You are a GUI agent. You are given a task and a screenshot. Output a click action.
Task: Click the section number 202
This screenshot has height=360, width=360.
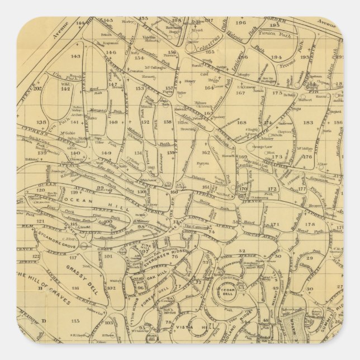click(x=37, y=88)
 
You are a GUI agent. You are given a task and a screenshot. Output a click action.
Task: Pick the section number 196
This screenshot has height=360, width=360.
click(x=241, y=23)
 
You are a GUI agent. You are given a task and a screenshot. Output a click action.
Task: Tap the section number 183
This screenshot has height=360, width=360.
click(x=308, y=122)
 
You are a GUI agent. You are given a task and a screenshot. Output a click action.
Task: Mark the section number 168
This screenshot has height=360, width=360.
click(x=241, y=122)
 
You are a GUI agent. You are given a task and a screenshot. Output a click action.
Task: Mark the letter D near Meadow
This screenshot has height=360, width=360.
click(x=43, y=321)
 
